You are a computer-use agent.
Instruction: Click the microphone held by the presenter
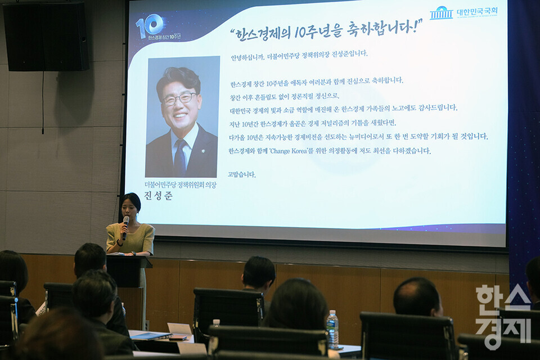click(x=125, y=227)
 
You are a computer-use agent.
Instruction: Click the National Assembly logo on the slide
click(x=441, y=13)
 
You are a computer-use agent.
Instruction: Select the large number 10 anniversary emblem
click(x=150, y=26)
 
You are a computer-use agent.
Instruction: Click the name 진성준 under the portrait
click(x=159, y=196)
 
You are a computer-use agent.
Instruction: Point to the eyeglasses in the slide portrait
click(x=179, y=98)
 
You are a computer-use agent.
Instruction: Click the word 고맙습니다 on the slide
click(x=242, y=174)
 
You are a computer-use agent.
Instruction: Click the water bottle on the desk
click(x=332, y=329)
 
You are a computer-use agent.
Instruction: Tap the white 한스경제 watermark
click(x=503, y=317)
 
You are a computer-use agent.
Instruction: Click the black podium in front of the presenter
click(x=129, y=272)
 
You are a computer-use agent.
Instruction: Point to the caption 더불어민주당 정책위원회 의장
click(x=181, y=185)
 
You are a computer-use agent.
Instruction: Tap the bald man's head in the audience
click(x=417, y=297)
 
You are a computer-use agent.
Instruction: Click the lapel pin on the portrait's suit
click(x=203, y=151)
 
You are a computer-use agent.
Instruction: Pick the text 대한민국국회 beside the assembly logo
click(x=477, y=12)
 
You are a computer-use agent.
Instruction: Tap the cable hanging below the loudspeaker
click(x=43, y=103)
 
